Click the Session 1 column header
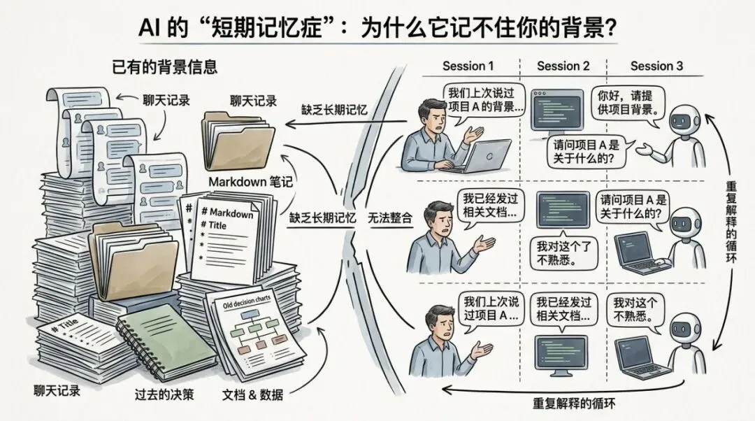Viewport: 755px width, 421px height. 468,66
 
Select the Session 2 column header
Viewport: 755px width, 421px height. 563,66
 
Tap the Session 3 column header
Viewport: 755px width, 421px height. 656,66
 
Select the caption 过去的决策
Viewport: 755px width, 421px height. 164,394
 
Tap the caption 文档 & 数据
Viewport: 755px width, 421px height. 252,394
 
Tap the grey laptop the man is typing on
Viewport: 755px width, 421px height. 486,155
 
